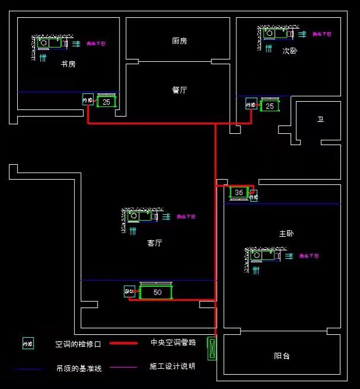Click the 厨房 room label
point(179,41)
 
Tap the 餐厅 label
point(179,90)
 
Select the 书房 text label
point(68,64)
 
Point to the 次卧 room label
point(290,51)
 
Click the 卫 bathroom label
point(320,120)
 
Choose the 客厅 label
point(155,243)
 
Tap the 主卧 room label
point(286,234)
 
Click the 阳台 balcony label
point(282,356)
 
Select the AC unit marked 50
point(156,292)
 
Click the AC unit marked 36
point(239,193)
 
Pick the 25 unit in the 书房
point(107,102)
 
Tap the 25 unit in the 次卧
point(270,106)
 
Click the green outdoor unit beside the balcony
point(211,349)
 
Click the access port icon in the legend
point(28,343)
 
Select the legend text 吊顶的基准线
point(79,368)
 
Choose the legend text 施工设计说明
point(172,366)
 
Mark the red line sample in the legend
point(124,343)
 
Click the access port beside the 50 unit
point(130,291)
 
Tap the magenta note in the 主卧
point(309,256)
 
